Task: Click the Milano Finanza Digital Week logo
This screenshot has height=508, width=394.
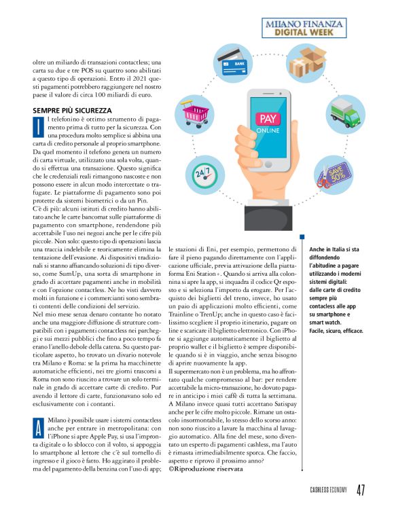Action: click(x=316, y=28)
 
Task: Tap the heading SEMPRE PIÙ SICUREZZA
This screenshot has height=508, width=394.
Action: click(x=72, y=110)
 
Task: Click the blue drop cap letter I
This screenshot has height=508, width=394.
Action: click(x=39, y=124)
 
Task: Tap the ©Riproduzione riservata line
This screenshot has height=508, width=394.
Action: click(x=206, y=468)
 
